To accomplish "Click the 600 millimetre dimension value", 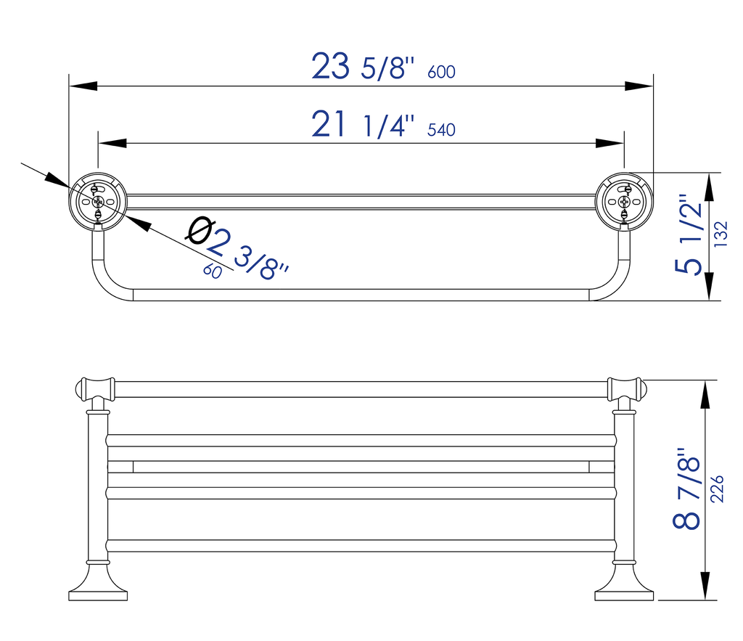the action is click(x=441, y=72).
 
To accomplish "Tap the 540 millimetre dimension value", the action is click(x=441, y=130).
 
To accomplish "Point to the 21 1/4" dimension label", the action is click(x=363, y=124).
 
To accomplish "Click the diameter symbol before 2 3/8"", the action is click(x=200, y=230).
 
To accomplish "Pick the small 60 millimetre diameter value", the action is click(x=213, y=271).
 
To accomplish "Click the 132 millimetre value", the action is click(x=721, y=234).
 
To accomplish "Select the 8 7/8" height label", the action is click(x=686, y=488).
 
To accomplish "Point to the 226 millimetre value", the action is click(x=718, y=489).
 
